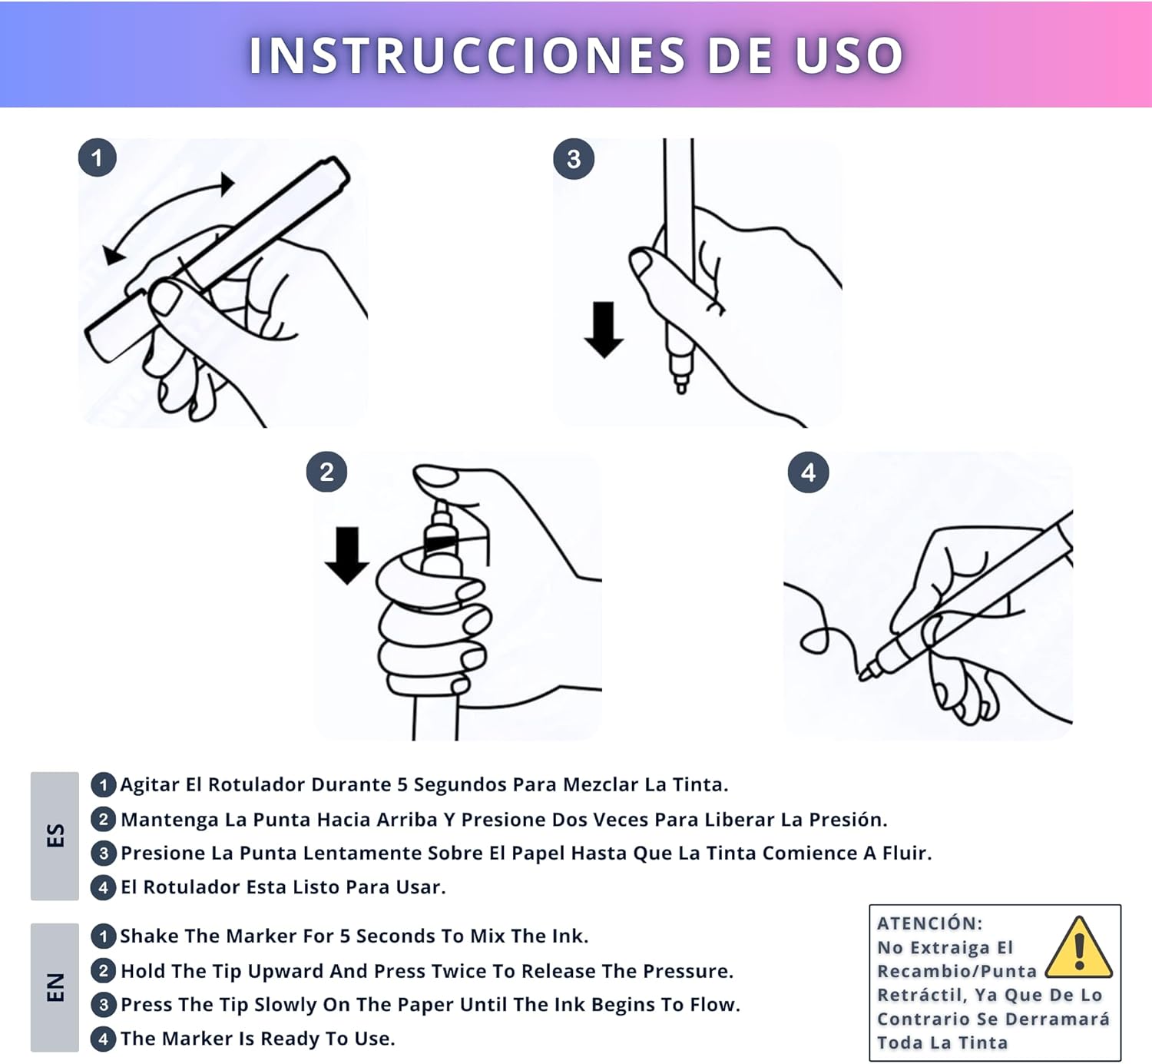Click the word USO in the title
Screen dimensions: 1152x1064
(x=849, y=55)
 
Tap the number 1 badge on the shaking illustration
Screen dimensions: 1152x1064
(x=98, y=158)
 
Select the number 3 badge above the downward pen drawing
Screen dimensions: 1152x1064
(x=574, y=159)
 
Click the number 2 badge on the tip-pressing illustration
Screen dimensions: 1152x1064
(x=326, y=472)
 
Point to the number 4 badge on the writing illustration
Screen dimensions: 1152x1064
(x=809, y=472)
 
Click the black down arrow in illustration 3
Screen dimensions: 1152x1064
(x=604, y=330)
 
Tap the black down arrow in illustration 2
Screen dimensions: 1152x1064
(x=347, y=555)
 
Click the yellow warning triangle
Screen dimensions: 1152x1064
(x=1079, y=947)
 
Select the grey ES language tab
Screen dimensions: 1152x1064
(x=55, y=836)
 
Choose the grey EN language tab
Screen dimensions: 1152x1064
(x=55, y=987)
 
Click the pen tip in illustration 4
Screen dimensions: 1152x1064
(x=864, y=675)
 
